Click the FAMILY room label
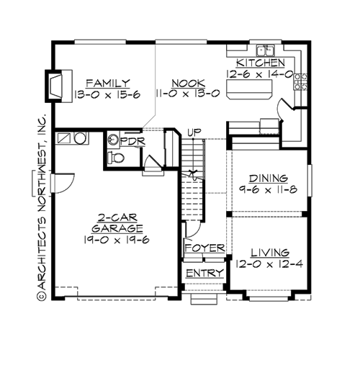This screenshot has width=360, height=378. click(107, 82)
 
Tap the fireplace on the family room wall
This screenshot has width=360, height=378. click(55, 84)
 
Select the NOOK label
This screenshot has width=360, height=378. click(171, 82)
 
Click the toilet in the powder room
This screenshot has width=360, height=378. click(115, 158)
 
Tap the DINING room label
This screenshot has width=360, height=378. click(268, 178)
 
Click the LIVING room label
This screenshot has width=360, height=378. click(270, 253)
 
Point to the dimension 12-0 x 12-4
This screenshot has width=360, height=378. click(270, 265)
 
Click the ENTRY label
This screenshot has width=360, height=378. click(203, 274)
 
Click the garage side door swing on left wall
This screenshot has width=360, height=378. click(62, 185)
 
